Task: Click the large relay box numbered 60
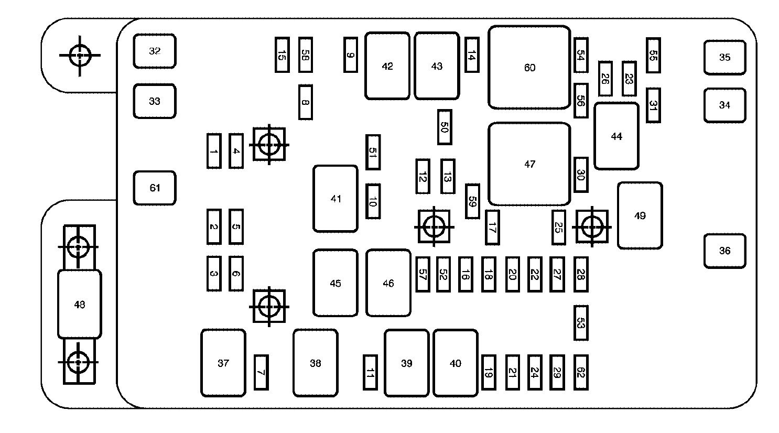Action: point(529,68)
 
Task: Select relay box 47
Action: point(529,164)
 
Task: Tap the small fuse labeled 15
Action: point(282,55)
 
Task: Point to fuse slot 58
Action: point(305,55)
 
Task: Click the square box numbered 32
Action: point(154,51)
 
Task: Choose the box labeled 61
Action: point(154,188)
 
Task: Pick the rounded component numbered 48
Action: point(79,304)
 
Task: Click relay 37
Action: point(223,363)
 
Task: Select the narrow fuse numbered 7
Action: point(261,372)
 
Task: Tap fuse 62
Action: point(580,372)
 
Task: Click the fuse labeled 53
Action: point(580,322)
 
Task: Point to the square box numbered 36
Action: point(724,251)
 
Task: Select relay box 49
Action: point(640,215)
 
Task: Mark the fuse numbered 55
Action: point(653,55)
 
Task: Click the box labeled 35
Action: point(724,58)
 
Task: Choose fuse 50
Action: point(445,127)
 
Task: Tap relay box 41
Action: point(336,199)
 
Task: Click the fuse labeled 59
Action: point(472,201)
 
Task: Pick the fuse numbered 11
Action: point(370,372)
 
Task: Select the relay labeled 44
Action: point(616,136)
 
